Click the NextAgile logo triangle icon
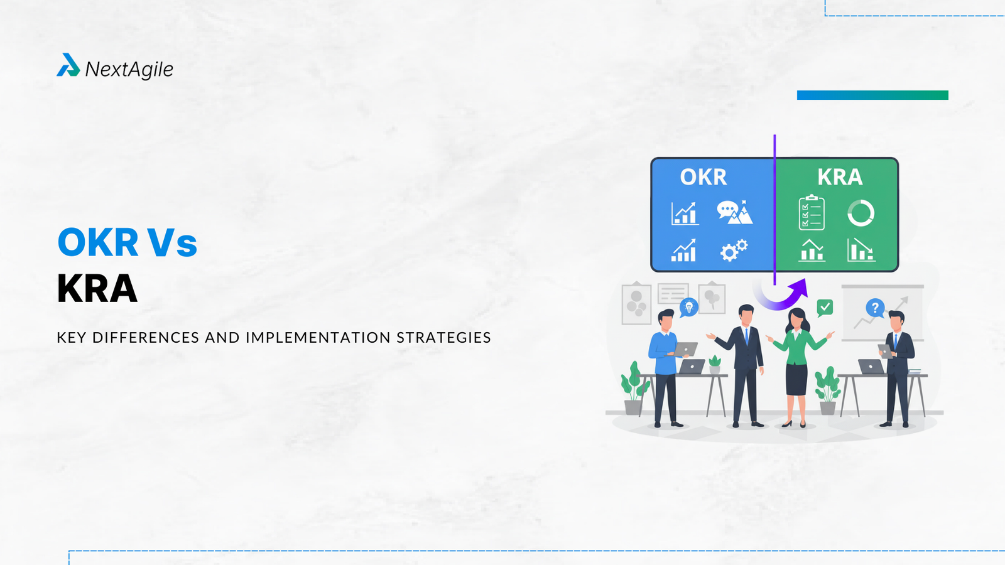tap(68, 65)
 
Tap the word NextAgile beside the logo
tap(129, 70)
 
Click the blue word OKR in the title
tap(98, 242)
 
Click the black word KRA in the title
tap(97, 288)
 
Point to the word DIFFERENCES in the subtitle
tap(146, 337)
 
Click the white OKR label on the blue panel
tap(703, 176)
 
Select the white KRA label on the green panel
tap(840, 176)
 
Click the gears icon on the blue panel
tap(734, 250)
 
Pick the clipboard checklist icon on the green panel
tap(812, 213)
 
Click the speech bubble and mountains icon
tap(734, 212)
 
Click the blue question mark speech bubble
tap(875, 308)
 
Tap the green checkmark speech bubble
tap(825, 308)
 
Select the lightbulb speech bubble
tap(688, 308)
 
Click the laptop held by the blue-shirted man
tap(685, 349)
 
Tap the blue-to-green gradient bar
tap(872, 95)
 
